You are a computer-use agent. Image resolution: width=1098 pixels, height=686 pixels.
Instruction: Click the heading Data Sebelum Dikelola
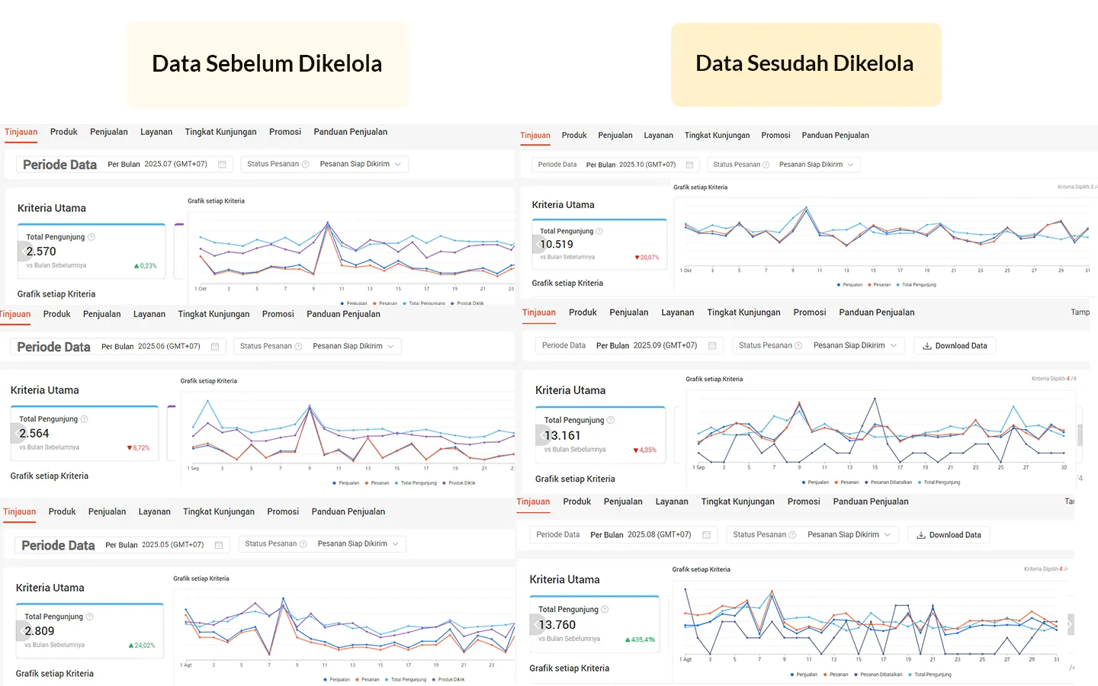coord(267,64)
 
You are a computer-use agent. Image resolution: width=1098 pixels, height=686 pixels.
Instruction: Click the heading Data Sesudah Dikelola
coord(804,64)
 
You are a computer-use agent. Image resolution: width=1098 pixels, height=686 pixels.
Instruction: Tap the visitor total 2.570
coord(41,252)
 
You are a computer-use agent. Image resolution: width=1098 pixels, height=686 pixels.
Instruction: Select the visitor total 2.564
coord(34,434)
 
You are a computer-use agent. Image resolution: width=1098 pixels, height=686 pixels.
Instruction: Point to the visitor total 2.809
coord(40,631)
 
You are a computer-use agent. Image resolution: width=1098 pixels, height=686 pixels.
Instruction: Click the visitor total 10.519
coord(557,245)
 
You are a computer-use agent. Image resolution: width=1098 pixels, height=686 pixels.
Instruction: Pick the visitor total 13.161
coord(563,436)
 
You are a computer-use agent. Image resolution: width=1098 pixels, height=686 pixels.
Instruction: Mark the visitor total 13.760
coord(557,625)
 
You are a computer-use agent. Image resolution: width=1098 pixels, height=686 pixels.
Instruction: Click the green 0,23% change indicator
coord(146,266)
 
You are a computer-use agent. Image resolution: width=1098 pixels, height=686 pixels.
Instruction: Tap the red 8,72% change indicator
coord(139,448)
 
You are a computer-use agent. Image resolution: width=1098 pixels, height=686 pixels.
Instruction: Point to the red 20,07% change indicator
coord(647,258)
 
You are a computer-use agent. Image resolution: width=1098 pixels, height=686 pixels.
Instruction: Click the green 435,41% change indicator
coord(640,640)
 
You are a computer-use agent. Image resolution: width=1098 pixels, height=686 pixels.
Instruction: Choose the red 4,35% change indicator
coord(645,450)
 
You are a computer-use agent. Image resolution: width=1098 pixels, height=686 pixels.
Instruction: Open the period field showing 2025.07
coord(175,164)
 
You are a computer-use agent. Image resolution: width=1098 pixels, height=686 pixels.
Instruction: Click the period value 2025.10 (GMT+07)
coord(647,165)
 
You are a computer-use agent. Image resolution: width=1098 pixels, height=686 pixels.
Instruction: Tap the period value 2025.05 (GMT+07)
coord(172,545)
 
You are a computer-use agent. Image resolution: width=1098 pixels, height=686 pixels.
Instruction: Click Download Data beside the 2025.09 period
coord(955,346)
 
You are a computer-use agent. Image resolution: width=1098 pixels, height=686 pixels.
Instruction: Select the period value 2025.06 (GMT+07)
coord(169,346)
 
